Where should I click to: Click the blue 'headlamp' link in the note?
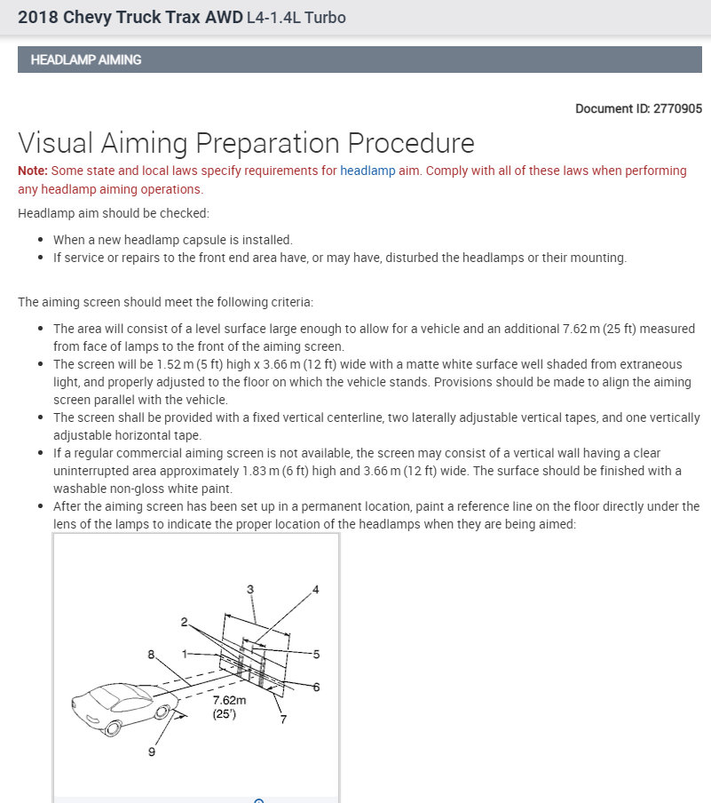pos(367,171)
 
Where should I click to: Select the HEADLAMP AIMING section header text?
pos(86,60)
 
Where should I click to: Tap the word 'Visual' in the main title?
pos(57,143)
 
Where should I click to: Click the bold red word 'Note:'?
pos(33,171)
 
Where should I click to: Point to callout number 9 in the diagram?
pos(151,752)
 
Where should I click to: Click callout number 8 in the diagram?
pos(151,655)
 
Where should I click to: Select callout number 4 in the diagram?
pos(315,590)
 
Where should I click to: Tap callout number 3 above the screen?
pos(250,588)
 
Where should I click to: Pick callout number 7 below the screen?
pos(283,719)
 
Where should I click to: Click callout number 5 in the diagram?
pos(316,654)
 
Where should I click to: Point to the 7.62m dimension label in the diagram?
pos(229,700)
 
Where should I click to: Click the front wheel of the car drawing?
pos(162,713)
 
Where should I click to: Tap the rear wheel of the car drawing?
pos(112,728)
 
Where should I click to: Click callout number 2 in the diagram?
pos(184,622)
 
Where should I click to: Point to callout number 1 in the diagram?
pos(185,654)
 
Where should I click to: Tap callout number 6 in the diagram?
pos(316,687)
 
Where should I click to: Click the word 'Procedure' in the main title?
pos(410,143)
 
